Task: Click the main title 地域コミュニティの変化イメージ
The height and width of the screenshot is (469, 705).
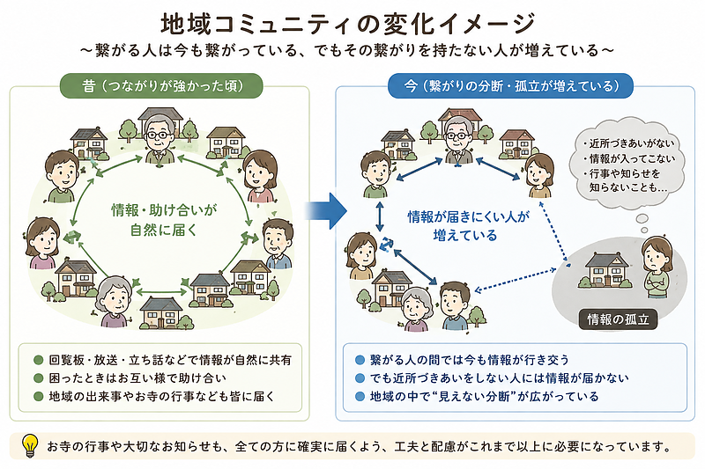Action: tap(347, 24)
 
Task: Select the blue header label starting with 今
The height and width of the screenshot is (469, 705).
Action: tap(510, 85)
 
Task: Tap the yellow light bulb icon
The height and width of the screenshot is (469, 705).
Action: tap(30, 444)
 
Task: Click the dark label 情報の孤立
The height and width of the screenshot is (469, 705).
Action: tap(618, 319)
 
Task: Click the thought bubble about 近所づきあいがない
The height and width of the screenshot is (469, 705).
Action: tap(627, 164)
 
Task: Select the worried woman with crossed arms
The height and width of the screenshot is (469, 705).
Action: tap(657, 267)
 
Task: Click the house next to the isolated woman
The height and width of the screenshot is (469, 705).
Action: tap(605, 271)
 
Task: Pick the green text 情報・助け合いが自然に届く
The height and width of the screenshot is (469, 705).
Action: tap(164, 220)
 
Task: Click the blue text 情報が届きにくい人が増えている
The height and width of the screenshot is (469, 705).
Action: tap(468, 226)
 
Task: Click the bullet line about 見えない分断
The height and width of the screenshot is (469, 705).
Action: tap(477, 396)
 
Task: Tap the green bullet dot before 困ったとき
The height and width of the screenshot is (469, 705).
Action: tap(39, 378)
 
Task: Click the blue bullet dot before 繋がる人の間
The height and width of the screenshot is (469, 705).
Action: tap(360, 360)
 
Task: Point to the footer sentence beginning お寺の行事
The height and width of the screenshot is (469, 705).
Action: tap(360, 446)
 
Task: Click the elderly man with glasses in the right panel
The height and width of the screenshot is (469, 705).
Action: tap(458, 140)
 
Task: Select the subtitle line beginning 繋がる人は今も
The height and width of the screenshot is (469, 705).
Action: tap(347, 50)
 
